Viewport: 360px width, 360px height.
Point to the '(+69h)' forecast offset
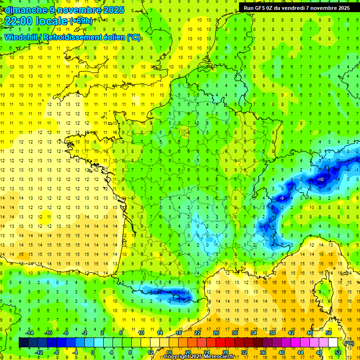click(81, 21)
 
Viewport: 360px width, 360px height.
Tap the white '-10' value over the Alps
click(321, 180)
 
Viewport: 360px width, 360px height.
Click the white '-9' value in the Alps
click(281, 198)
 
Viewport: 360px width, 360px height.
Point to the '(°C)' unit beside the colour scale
click(349, 343)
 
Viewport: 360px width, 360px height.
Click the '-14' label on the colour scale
click(29, 333)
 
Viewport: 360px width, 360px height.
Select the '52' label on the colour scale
click(338, 352)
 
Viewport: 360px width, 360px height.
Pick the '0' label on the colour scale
click(93, 352)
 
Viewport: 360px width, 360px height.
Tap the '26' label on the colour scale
click(216, 333)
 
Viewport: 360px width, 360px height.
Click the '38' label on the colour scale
click(272, 333)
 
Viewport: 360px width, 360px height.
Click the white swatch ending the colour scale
click(333, 343)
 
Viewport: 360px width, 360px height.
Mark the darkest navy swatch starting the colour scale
click(23, 343)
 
